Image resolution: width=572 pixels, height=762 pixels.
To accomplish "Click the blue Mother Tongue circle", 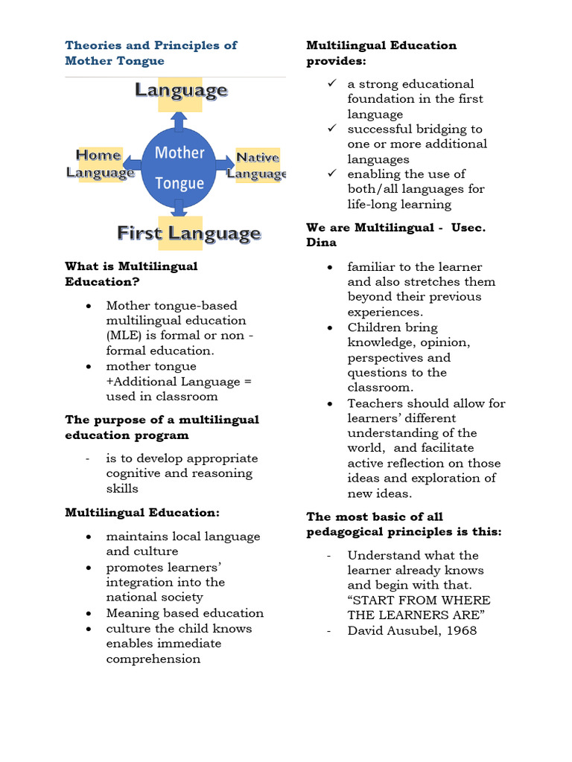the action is click(179, 167).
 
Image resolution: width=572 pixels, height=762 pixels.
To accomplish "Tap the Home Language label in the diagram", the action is click(100, 164).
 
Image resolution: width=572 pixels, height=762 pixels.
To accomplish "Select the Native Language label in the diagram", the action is click(257, 165).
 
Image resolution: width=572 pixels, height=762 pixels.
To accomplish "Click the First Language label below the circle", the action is click(188, 234).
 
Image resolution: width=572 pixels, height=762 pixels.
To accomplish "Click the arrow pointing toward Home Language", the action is click(133, 164).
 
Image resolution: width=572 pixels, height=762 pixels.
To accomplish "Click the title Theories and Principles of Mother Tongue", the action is click(150, 53).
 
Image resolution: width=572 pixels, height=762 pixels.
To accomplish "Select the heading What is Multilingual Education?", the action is click(131, 274).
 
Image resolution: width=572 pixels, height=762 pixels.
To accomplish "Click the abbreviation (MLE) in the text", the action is click(127, 336).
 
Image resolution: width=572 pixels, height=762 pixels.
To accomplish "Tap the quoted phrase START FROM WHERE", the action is click(419, 600).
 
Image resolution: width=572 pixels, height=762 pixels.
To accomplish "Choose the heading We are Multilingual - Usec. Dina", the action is click(395, 235).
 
